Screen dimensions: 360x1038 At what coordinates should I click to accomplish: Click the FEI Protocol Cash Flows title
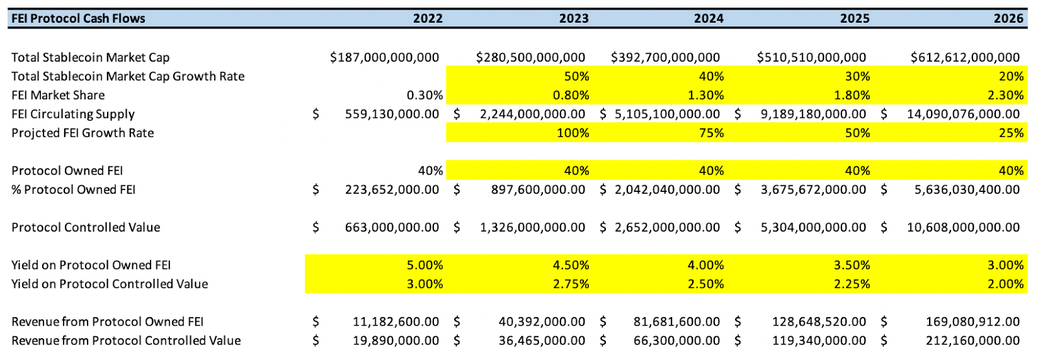[78, 19]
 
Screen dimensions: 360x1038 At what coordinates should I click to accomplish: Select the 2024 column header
[708, 19]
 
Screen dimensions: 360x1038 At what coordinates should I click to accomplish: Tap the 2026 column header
[1008, 19]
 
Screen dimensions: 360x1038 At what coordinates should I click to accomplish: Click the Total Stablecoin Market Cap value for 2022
[384, 58]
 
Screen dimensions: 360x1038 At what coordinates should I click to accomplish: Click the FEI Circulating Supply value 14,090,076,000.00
[963, 114]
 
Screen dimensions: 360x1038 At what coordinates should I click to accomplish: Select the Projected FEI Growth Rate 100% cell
[573, 133]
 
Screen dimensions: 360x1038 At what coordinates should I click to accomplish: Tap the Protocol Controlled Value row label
[86, 228]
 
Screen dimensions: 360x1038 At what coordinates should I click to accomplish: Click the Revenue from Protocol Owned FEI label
[107, 322]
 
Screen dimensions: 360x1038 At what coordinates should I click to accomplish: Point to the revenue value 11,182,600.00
[395, 322]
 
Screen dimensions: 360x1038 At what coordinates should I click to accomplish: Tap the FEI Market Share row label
[58, 95]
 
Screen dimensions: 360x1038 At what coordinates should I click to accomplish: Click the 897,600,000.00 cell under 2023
[538, 190]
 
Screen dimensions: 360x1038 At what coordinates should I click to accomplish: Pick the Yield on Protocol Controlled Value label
[110, 284]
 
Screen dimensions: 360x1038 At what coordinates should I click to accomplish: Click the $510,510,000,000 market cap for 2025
[811, 58]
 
